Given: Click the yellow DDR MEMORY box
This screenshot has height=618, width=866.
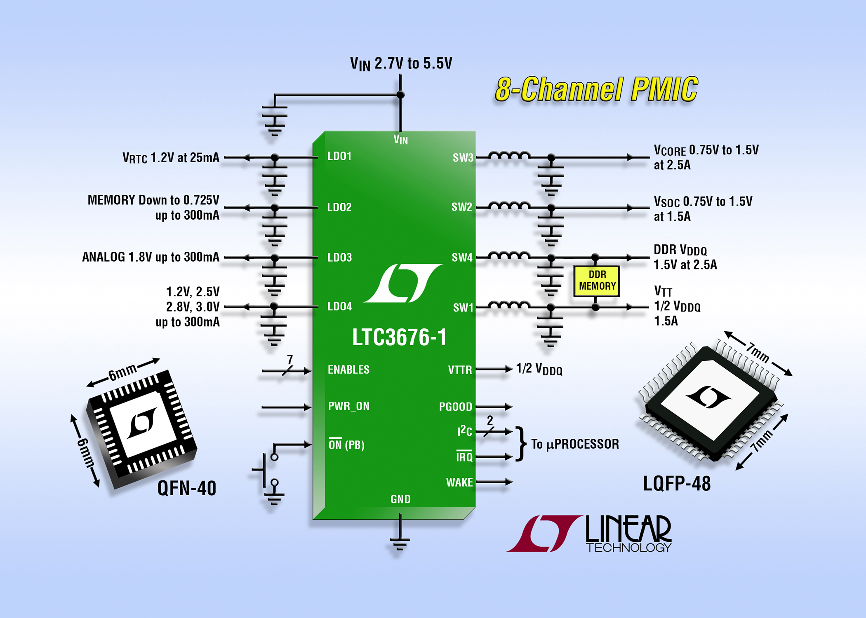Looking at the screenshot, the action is pyautogui.click(x=596, y=281).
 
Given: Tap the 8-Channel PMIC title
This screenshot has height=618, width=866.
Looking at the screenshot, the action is pyautogui.click(x=596, y=89).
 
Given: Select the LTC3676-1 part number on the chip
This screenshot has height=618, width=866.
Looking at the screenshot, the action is pyautogui.click(x=399, y=337).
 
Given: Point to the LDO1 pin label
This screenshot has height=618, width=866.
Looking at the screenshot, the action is pyautogui.click(x=339, y=156).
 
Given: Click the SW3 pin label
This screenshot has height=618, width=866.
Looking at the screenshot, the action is pyautogui.click(x=463, y=157).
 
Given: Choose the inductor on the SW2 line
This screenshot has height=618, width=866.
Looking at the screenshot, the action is pyautogui.click(x=509, y=205).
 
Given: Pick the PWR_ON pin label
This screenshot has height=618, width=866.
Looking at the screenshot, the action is pyautogui.click(x=349, y=406).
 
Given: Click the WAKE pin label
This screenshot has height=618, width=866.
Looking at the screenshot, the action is pyautogui.click(x=459, y=482).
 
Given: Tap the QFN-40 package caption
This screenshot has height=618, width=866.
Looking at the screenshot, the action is pyautogui.click(x=187, y=489).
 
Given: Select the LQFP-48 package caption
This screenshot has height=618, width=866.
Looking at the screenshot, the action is pyautogui.click(x=677, y=484).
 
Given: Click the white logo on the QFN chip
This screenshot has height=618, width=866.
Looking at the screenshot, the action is pyautogui.click(x=142, y=423).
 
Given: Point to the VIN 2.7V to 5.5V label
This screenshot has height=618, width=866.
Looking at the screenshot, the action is pyautogui.click(x=401, y=64).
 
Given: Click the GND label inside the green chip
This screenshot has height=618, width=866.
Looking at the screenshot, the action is pyautogui.click(x=400, y=499).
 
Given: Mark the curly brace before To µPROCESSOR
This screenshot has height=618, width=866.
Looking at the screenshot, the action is pyautogui.click(x=521, y=444).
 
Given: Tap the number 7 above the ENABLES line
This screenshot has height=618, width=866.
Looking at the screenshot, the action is pyautogui.click(x=290, y=359).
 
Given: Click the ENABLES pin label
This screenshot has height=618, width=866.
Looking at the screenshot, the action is pyautogui.click(x=348, y=370).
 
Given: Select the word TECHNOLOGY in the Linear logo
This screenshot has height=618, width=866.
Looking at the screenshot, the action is pyautogui.click(x=628, y=548).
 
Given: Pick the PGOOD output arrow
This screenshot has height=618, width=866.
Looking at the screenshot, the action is pyautogui.click(x=494, y=407).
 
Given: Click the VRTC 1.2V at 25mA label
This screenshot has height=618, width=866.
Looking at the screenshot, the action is pyautogui.click(x=171, y=158).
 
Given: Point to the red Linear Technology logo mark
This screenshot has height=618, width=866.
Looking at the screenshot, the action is pyautogui.click(x=544, y=534).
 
